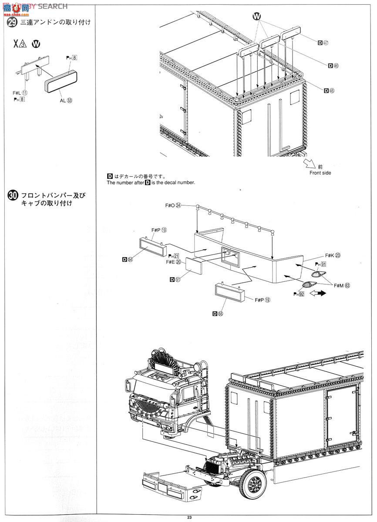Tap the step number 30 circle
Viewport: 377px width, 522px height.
(13, 196)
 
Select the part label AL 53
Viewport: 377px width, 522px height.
(66, 100)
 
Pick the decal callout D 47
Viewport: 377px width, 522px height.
(323, 42)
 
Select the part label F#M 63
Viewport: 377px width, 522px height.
(342, 285)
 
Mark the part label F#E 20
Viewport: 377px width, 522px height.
(173, 262)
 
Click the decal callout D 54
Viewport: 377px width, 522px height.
(128, 259)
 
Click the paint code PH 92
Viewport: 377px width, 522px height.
(298, 294)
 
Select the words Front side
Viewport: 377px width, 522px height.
(320, 173)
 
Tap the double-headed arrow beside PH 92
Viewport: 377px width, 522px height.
(317, 294)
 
